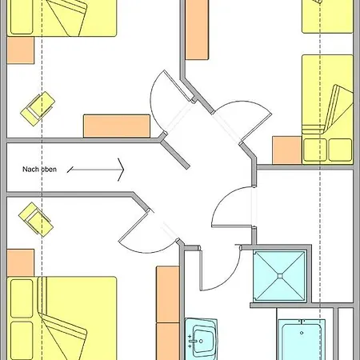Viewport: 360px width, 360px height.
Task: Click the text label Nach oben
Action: (x=39, y=170)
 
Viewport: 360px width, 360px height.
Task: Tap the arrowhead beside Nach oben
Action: (x=122, y=170)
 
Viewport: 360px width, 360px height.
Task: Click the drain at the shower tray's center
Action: (x=280, y=276)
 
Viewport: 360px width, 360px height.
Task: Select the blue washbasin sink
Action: (x=201, y=339)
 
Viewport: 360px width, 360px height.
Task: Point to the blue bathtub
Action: (x=302, y=340)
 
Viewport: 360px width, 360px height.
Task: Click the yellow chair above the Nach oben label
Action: (x=38, y=109)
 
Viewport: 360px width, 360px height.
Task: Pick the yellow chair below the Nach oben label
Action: (x=36, y=219)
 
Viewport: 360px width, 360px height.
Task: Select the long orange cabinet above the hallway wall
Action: (x=117, y=126)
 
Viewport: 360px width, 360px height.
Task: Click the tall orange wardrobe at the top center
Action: (x=197, y=30)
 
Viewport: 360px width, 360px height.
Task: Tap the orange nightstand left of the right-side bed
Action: (x=287, y=150)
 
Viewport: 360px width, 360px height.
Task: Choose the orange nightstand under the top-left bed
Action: (x=21, y=50)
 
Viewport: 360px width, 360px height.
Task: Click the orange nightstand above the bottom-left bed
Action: (x=21, y=263)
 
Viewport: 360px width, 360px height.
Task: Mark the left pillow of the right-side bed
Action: (x=315, y=150)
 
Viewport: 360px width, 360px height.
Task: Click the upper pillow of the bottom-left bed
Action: (x=22, y=298)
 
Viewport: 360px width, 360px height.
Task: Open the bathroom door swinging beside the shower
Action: (x=221, y=268)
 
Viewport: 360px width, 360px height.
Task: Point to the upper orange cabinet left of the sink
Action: (x=168, y=294)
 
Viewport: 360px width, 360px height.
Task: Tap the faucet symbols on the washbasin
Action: (x=190, y=341)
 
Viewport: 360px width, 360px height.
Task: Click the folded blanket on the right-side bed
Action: (x=338, y=110)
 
